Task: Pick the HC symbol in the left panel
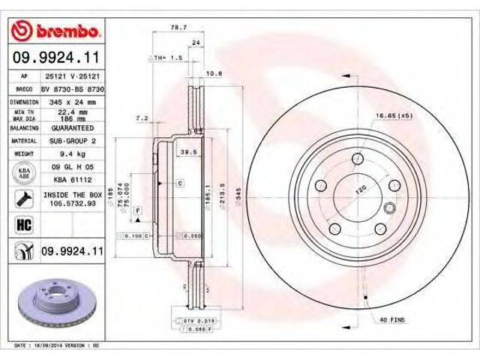[x=22, y=224]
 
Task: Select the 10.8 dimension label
[x=214, y=73]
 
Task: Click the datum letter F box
[x=139, y=212]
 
